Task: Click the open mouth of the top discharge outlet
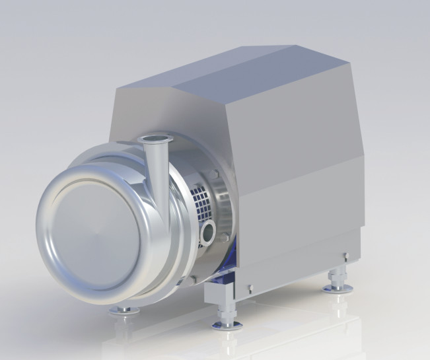(x=156, y=139)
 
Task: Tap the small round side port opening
(x=209, y=231)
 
